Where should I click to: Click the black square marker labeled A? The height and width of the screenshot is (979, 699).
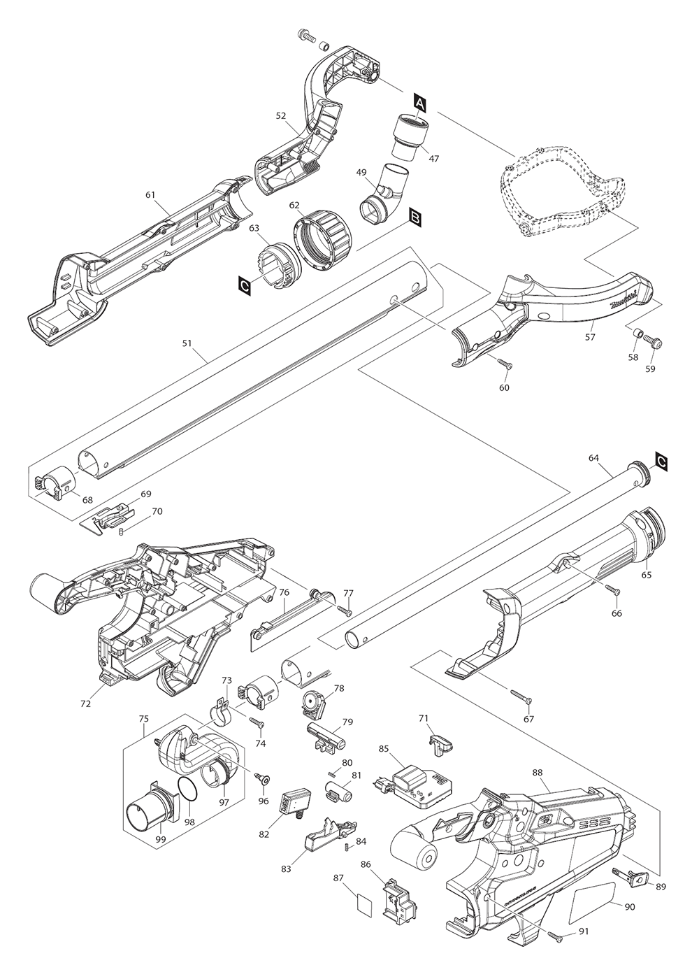[x=419, y=102]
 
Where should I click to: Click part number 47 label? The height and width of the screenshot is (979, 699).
[x=433, y=159]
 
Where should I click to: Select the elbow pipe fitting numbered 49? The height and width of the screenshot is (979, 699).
[x=382, y=193]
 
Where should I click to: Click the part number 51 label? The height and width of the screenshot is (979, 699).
[x=187, y=343]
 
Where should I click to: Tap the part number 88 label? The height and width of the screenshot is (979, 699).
[x=538, y=773]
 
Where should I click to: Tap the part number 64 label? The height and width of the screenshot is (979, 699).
[x=593, y=458]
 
